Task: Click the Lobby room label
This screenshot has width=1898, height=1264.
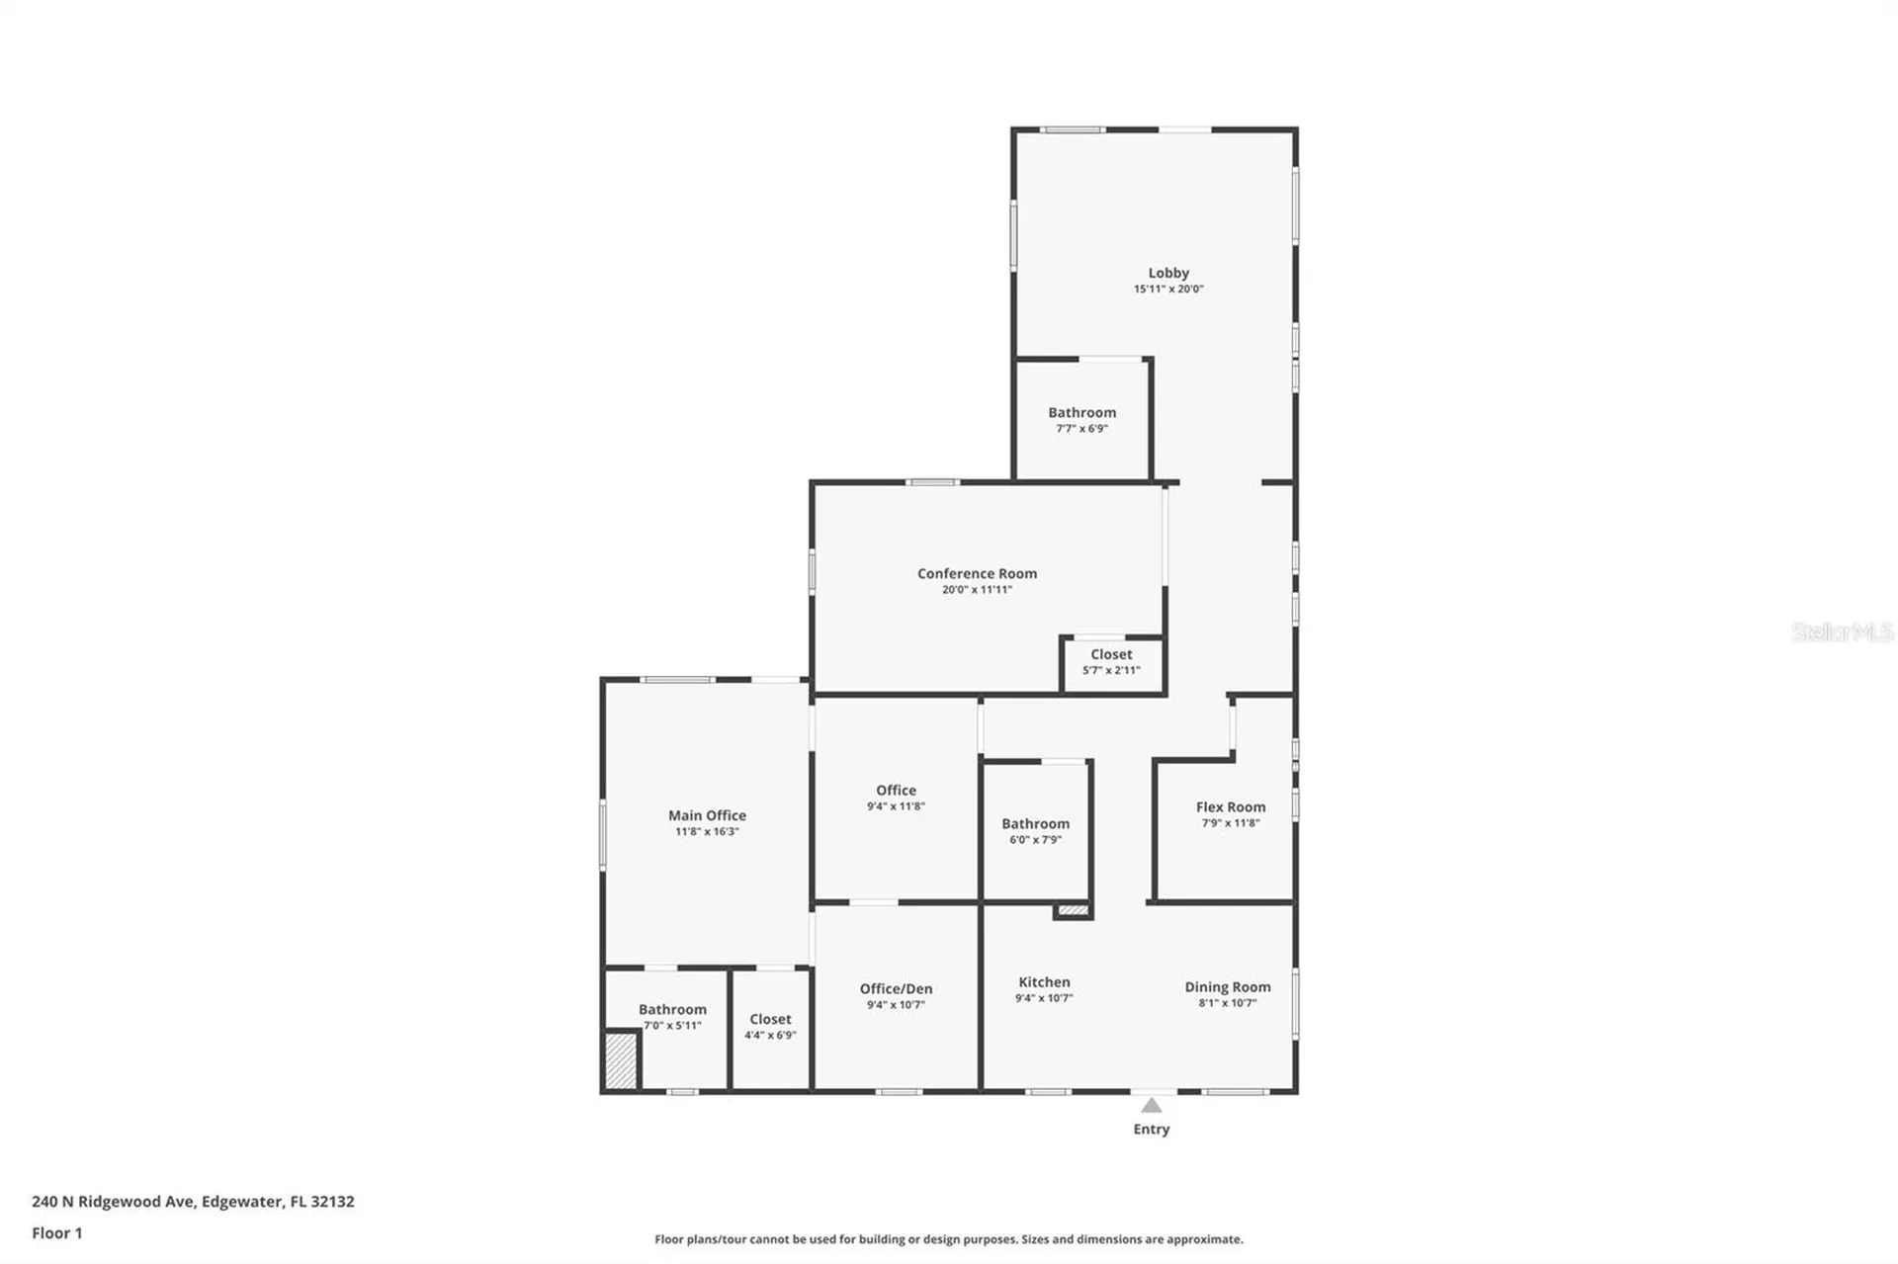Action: [1167, 273]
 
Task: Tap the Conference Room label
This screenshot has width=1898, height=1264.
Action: [977, 573]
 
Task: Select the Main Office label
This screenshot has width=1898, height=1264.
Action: [707, 815]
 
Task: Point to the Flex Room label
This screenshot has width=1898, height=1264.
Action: [1230, 806]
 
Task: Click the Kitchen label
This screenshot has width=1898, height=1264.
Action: [1044, 981]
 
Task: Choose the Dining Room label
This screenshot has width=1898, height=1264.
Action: [1227, 986]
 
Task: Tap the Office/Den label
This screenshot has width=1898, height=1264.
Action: [896, 988]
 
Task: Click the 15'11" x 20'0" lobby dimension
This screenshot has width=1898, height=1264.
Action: [1167, 290]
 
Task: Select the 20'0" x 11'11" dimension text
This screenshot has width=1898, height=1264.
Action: [977, 590]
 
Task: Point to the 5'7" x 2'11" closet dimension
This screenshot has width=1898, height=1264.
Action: [1111, 671]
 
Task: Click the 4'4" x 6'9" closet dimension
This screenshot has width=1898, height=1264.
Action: [770, 1036]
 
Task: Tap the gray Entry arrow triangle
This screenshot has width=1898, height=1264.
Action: [1151, 1106]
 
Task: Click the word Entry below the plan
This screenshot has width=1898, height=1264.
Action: [1151, 1129]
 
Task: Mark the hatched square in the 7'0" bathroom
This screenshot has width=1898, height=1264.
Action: [621, 1060]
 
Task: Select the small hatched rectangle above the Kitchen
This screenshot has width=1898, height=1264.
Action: [1073, 910]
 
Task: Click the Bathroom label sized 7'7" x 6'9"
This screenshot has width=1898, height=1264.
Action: [1081, 412]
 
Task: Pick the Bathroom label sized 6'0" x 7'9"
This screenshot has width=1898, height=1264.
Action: [1035, 823]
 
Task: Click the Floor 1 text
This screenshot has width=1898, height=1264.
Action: [57, 1232]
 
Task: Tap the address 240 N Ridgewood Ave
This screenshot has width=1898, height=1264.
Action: [193, 1202]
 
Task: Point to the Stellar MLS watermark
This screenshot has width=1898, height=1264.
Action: [1842, 632]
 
